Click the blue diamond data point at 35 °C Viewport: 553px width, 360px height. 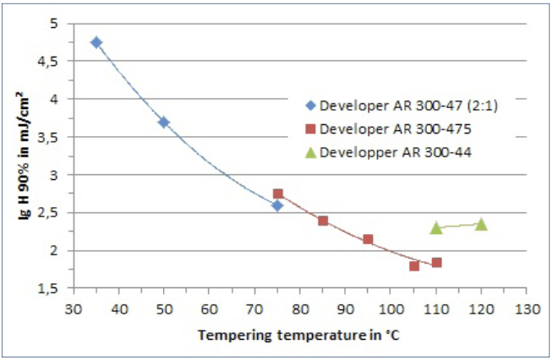pyautogui.click(x=96, y=42)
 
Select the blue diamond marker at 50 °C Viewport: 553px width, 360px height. pyautogui.click(x=164, y=122)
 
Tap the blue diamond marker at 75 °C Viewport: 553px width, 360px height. pyautogui.click(x=277, y=205)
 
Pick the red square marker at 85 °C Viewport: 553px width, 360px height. pyautogui.click(x=323, y=221)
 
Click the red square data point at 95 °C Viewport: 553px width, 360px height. pyautogui.click(x=368, y=239)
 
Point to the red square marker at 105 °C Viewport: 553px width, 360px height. pyautogui.click(x=413, y=266)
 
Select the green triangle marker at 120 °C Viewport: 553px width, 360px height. pyautogui.click(x=481, y=224)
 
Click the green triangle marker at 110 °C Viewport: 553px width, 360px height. pyautogui.click(x=436, y=227)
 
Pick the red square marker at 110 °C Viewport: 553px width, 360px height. pyautogui.click(x=436, y=263)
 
